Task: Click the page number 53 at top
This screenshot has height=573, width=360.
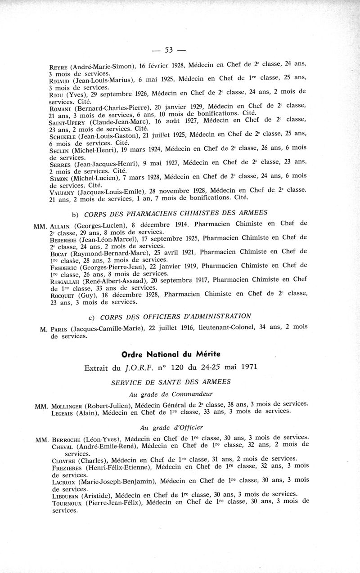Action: coord(169,49)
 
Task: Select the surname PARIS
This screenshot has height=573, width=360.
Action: coord(58,329)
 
